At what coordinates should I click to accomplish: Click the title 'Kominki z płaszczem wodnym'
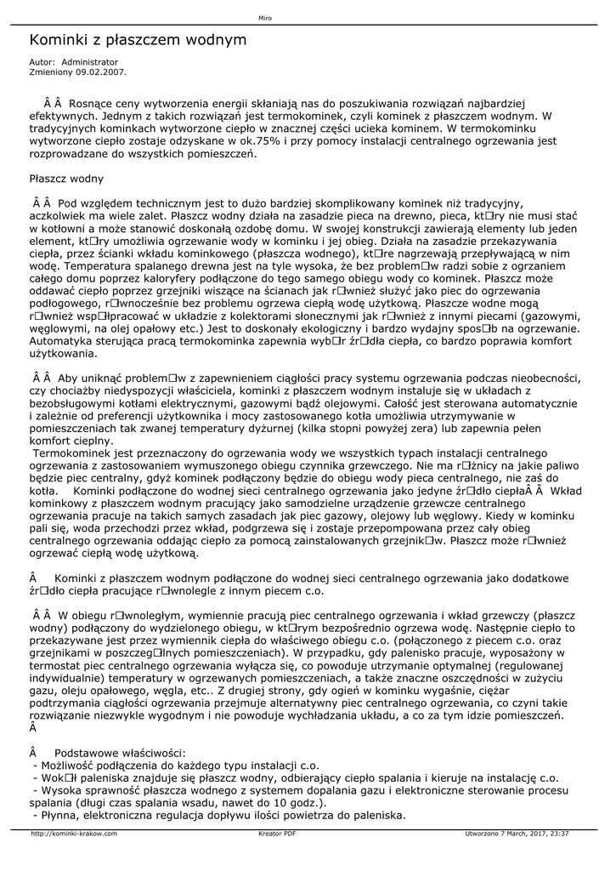tap(138, 40)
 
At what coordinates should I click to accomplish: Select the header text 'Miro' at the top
tap(264, 18)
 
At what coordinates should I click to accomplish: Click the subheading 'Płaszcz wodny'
tap(66, 179)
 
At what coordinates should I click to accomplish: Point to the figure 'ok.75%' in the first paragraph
tap(257, 141)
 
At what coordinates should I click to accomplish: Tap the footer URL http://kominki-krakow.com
tap(74, 834)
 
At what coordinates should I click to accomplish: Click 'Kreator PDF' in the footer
tap(277, 834)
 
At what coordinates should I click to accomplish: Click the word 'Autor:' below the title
tap(42, 63)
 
